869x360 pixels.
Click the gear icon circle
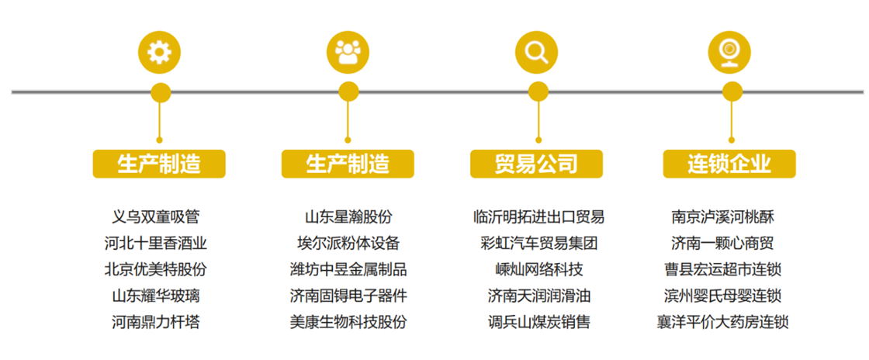pyautogui.click(x=160, y=53)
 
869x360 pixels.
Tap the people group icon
pyautogui.click(x=348, y=53)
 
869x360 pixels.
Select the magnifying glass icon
pyautogui.click(x=536, y=53)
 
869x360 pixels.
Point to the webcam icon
pyautogui.click(x=729, y=53)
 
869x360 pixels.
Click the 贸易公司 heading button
pyautogui.click(x=536, y=164)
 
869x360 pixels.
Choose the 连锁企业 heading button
pyautogui.click(x=729, y=164)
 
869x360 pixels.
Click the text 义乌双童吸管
pyautogui.click(x=155, y=216)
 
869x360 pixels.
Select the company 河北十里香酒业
pyautogui.click(x=155, y=243)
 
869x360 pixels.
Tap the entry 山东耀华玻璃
pyautogui.click(x=155, y=296)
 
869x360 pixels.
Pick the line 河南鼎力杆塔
pyautogui.click(x=155, y=322)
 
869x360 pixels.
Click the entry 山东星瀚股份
pyautogui.click(x=348, y=216)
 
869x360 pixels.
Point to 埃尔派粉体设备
pyautogui.click(x=348, y=243)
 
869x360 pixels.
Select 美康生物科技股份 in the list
pyautogui.click(x=348, y=322)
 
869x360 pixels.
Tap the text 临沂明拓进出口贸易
pyautogui.click(x=538, y=216)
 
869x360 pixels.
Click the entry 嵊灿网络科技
pyautogui.click(x=538, y=269)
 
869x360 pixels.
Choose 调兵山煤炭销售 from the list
pyautogui.click(x=538, y=322)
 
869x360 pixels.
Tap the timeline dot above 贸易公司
pyautogui.click(x=538, y=92)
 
